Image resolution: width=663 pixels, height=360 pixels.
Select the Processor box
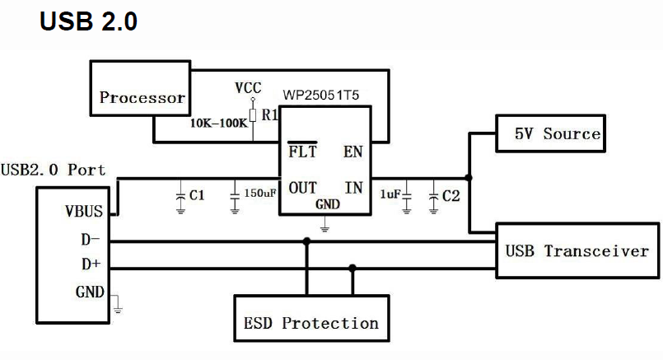click(x=142, y=97)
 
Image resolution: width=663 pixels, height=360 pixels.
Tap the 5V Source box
click(x=557, y=133)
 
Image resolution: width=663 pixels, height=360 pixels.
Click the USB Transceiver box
click(x=577, y=250)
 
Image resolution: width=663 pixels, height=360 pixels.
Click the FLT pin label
click(x=301, y=152)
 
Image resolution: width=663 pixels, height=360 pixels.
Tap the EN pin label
click(x=353, y=152)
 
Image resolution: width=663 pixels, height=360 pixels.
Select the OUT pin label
click(x=303, y=188)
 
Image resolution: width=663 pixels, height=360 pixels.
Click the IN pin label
click(x=353, y=188)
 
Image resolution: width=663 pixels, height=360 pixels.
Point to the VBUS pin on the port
click(x=84, y=211)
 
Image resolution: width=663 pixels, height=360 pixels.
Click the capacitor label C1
click(x=197, y=196)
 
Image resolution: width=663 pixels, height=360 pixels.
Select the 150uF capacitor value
click(x=260, y=194)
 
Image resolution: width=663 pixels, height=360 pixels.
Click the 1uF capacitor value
click(x=390, y=194)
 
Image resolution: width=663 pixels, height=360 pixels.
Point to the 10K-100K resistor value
click(x=218, y=123)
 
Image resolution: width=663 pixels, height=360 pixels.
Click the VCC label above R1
click(x=249, y=87)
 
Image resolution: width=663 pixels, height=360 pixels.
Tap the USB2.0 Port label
click(x=54, y=170)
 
